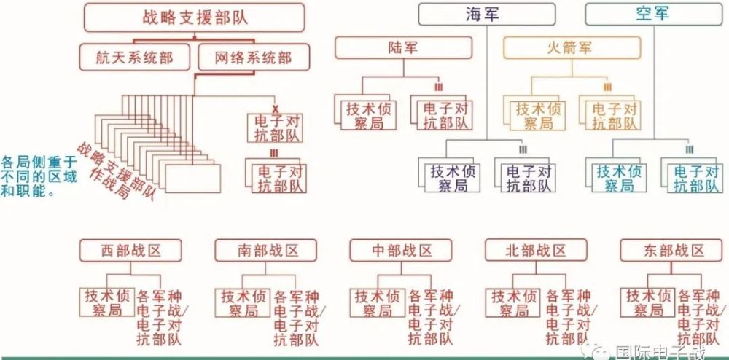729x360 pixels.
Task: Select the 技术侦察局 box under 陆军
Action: [x=365, y=115]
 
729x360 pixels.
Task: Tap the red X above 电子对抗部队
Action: [x=275, y=109]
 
